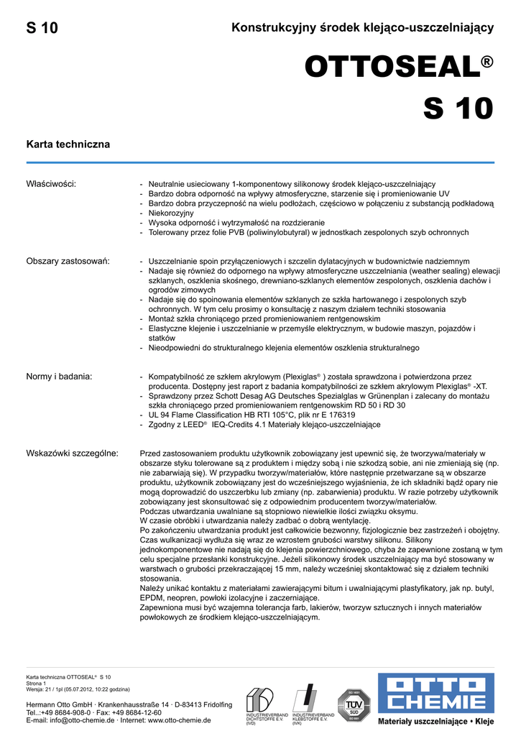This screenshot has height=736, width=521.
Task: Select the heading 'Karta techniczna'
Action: pyautogui.click(x=68, y=144)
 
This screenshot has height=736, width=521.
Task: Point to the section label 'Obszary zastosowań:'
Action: pyautogui.click(x=68, y=261)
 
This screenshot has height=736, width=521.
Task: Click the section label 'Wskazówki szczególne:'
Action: pyautogui.click(x=73, y=454)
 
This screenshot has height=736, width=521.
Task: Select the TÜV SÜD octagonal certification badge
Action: pyautogui.click(x=354, y=704)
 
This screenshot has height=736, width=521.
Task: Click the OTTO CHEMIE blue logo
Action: pyautogui.click(x=436, y=693)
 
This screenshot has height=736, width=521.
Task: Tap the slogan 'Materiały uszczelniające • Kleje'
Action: pyautogui.click(x=436, y=720)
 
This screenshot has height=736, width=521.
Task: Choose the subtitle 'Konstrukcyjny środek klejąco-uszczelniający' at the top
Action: pyautogui.click(x=362, y=28)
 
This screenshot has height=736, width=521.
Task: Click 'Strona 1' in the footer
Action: pyautogui.click(x=36, y=683)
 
